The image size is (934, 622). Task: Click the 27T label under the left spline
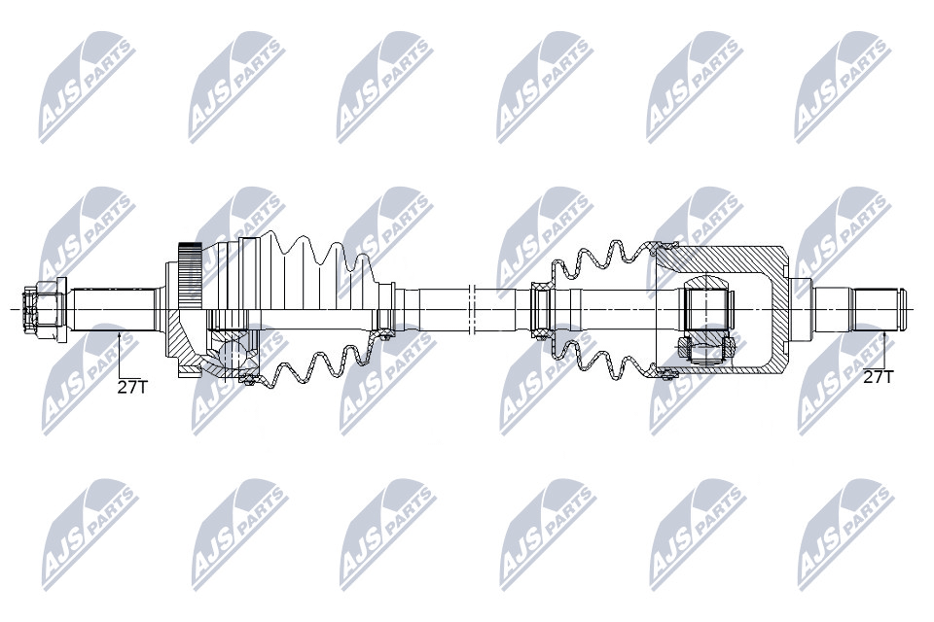pyautogui.click(x=131, y=388)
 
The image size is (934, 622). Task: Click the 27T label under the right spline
pyautogui.click(x=879, y=377)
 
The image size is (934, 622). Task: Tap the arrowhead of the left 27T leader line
pyautogui.click(x=119, y=337)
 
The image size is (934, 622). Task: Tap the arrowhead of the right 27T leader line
pyautogui.click(x=885, y=337)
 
